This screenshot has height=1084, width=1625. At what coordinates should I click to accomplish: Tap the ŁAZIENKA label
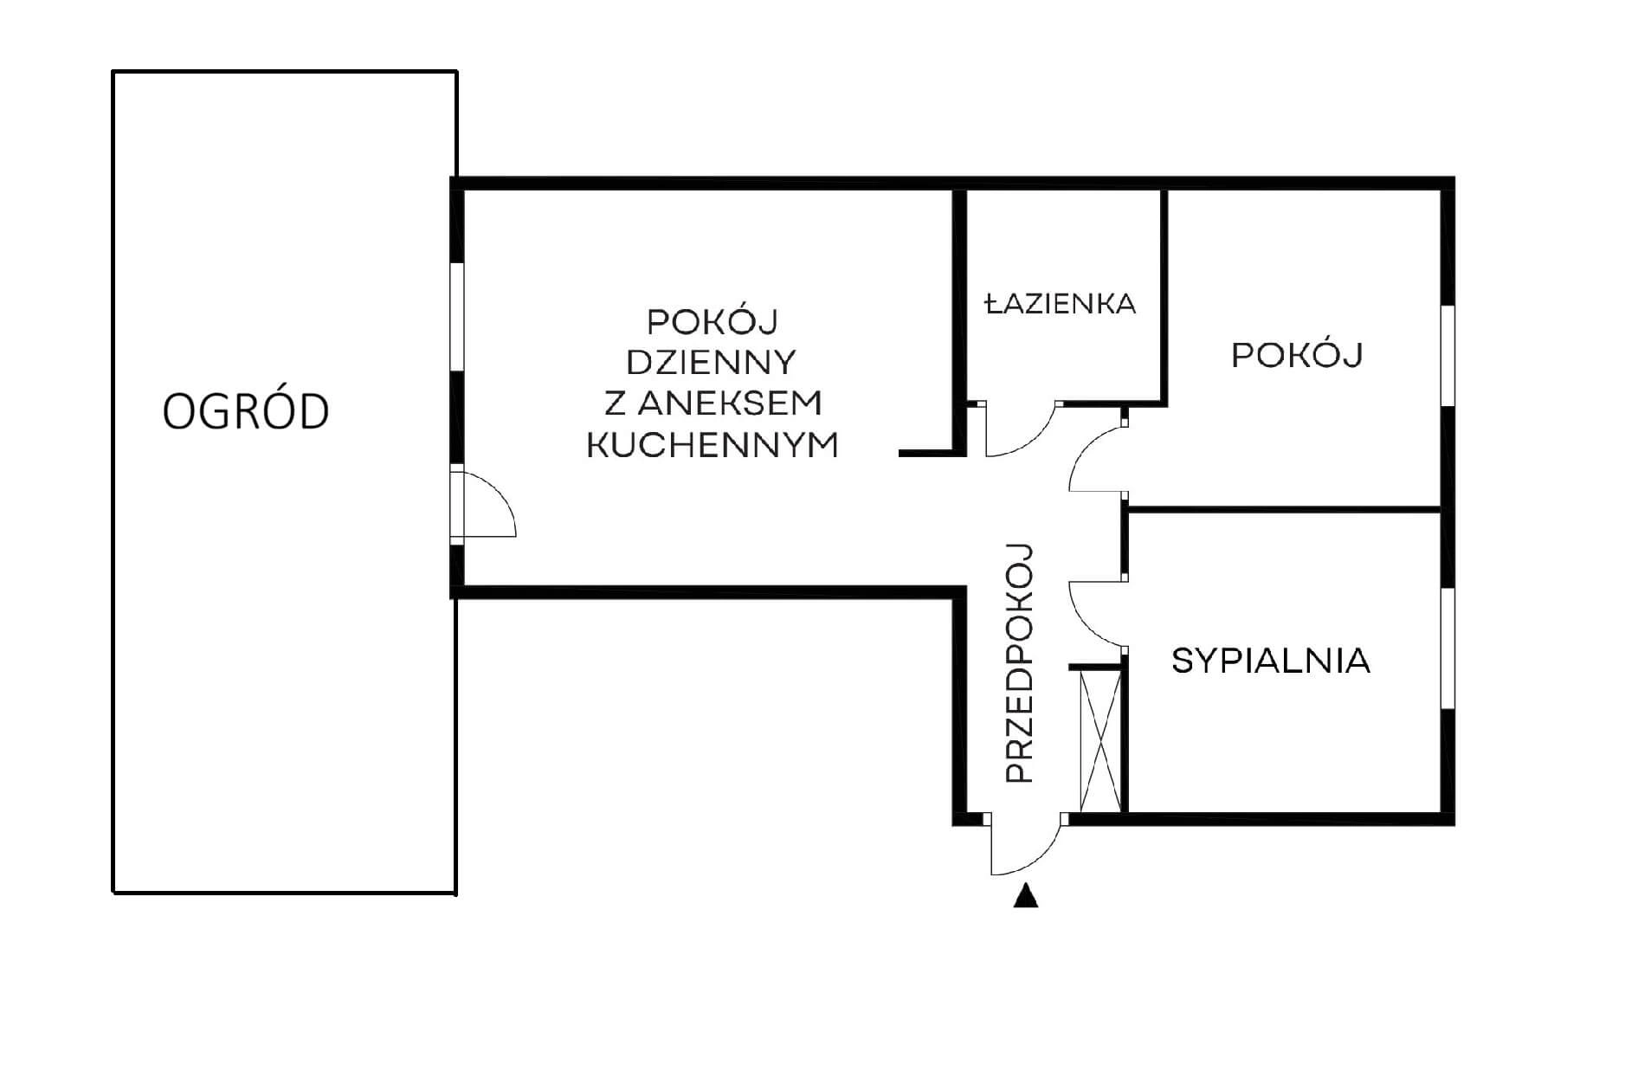(x=1061, y=303)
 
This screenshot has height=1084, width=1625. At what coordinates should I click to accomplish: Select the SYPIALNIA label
(x=1271, y=661)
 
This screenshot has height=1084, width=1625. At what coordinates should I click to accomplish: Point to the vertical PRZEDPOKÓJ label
(x=1021, y=664)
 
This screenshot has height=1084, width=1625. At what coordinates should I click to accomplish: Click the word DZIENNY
(x=711, y=362)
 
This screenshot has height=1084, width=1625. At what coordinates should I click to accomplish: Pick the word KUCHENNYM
(x=713, y=445)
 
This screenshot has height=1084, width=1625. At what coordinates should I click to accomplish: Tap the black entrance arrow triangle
(x=1026, y=895)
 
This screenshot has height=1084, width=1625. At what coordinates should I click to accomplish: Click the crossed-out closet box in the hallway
(x=1100, y=741)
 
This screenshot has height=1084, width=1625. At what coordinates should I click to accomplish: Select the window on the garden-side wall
(x=457, y=318)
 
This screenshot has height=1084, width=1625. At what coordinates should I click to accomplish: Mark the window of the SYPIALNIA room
(x=1448, y=648)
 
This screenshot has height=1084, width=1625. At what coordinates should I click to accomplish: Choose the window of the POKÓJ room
(x=1448, y=355)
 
